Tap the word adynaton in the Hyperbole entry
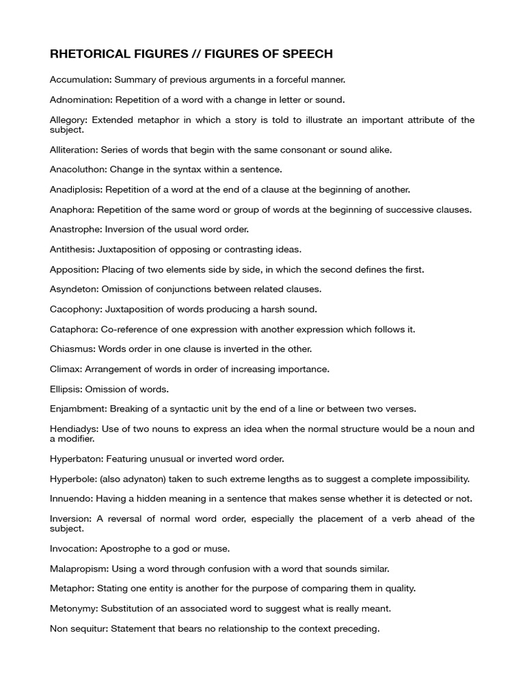(x=142, y=479)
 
